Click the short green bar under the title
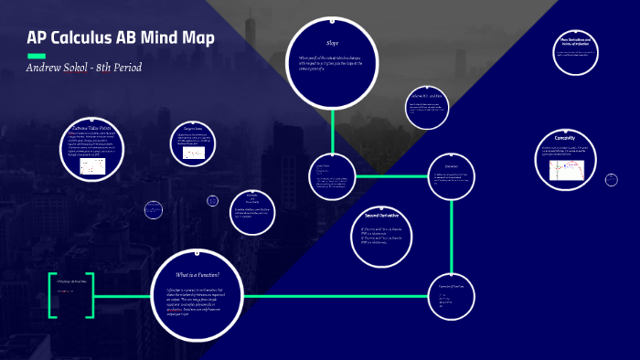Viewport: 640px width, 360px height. [x=36, y=56]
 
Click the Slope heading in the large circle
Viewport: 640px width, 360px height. [x=332, y=43]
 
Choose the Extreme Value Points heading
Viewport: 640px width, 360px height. [x=91, y=129]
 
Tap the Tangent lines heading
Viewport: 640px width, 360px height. [x=186, y=129]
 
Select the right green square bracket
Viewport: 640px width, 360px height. [x=91, y=294]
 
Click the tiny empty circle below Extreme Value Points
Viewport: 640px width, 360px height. [x=154, y=209]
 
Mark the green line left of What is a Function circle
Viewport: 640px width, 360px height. [x=123, y=294]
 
